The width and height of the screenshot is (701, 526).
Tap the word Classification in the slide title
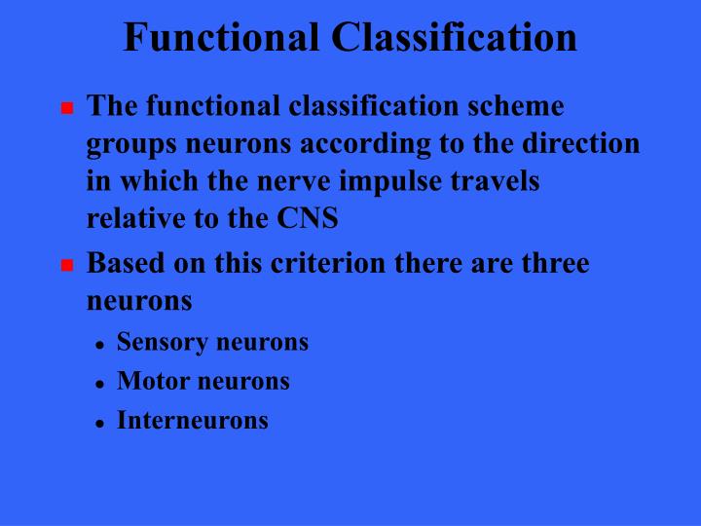[x=454, y=38]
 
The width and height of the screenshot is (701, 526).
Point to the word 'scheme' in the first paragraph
[x=516, y=105]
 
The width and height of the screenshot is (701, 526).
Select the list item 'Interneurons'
[x=193, y=421]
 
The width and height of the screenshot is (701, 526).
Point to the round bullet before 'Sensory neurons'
[x=100, y=346]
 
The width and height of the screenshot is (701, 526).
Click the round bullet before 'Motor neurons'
[x=100, y=385]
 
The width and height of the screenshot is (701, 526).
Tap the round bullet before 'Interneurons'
[x=100, y=424]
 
